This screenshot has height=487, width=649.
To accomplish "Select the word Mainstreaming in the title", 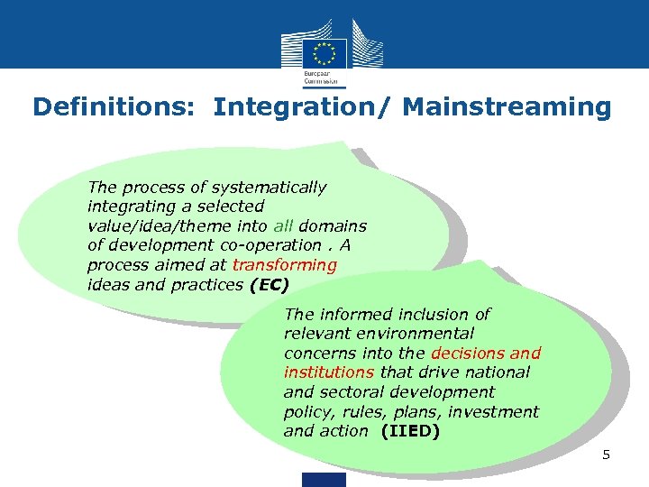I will [x=507, y=108].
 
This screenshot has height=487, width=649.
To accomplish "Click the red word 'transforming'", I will [x=284, y=265].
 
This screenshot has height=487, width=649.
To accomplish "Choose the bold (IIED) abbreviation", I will [x=411, y=431].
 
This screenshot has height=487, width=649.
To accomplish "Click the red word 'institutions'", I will [x=328, y=372].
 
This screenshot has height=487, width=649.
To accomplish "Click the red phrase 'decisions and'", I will [x=486, y=354].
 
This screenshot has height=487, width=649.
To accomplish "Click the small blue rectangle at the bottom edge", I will [x=325, y=480].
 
